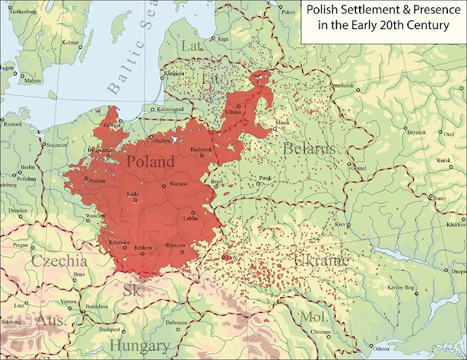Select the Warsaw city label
(x=179, y=183)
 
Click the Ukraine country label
(x=323, y=261)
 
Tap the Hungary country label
(x=140, y=345)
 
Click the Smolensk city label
(x=363, y=85)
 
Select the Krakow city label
(x=144, y=248)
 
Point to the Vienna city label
(x=68, y=301)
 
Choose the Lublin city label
(x=192, y=217)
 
